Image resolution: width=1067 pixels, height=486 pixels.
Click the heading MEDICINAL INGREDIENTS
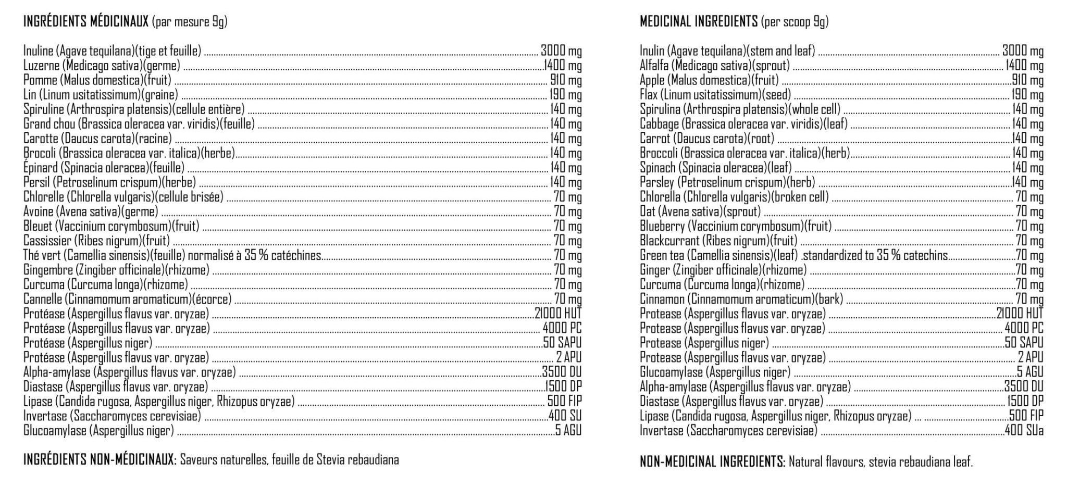click(x=698, y=22)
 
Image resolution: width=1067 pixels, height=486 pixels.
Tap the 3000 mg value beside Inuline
click(x=561, y=51)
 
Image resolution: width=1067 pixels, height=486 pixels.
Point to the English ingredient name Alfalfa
click(x=654, y=66)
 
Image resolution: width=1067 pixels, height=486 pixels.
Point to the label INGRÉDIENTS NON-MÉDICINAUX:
click(x=100, y=460)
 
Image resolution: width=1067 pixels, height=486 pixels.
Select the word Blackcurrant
click(x=668, y=241)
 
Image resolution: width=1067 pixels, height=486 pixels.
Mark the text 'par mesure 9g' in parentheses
click(x=190, y=22)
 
